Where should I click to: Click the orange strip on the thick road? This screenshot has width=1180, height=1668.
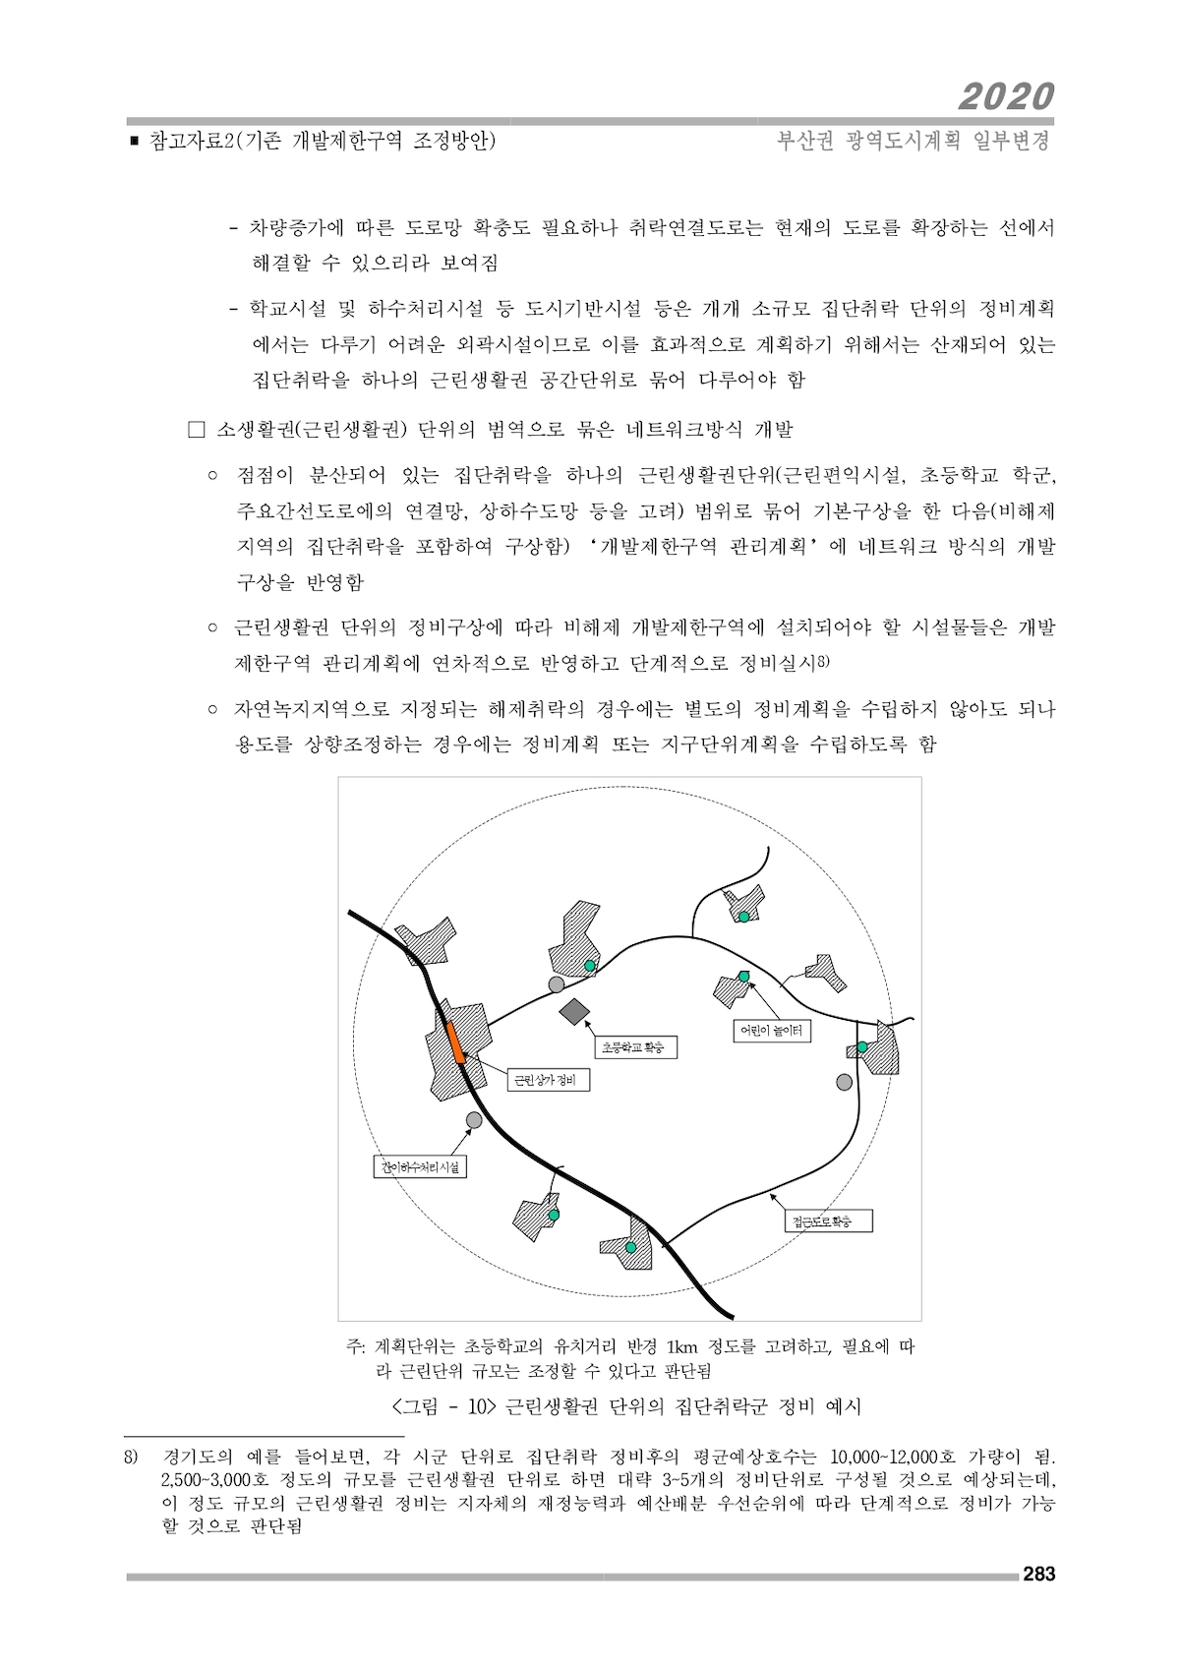(x=455, y=1042)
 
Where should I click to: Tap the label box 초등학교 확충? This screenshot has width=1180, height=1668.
(x=632, y=1048)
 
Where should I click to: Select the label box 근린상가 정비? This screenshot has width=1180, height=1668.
(x=547, y=1081)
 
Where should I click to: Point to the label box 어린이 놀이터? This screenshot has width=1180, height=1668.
(x=772, y=1031)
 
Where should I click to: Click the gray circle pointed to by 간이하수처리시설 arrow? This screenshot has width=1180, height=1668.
(x=474, y=1120)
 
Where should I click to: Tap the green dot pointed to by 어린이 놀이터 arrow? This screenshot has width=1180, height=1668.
(x=743, y=975)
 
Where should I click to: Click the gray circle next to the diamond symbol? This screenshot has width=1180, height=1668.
(x=557, y=984)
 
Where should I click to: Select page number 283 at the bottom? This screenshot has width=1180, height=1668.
(x=1038, y=1574)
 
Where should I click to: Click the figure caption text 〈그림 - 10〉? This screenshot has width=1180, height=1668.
(x=442, y=1405)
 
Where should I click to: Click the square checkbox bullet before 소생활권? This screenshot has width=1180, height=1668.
(x=195, y=430)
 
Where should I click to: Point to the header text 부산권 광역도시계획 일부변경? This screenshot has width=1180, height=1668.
(x=914, y=141)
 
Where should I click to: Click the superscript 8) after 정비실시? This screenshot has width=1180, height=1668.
(x=824, y=660)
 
